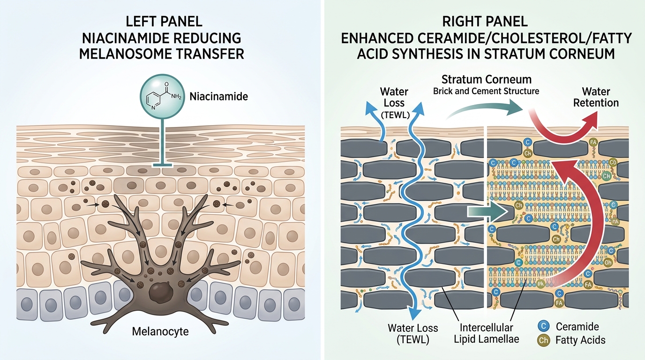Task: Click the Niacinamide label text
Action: click(218, 97)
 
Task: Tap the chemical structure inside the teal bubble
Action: click(163, 96)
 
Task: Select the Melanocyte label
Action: click(160, 331)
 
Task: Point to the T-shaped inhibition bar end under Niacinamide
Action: click(162, 165)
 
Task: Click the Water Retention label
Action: click(596, 97)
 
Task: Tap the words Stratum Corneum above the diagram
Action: click(487, 79)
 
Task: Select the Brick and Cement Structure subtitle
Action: click(486, 91)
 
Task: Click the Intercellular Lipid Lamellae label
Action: click(487, 333)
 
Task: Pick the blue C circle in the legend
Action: click(544, 326)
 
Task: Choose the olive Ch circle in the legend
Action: click(544, 340)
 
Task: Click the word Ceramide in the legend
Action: click(577, 327)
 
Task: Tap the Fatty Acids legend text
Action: click(580, 340)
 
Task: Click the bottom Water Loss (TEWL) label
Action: click(412, 334)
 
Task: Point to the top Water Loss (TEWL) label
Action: click(395, 103)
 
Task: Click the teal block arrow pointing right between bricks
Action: click(487, 212)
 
